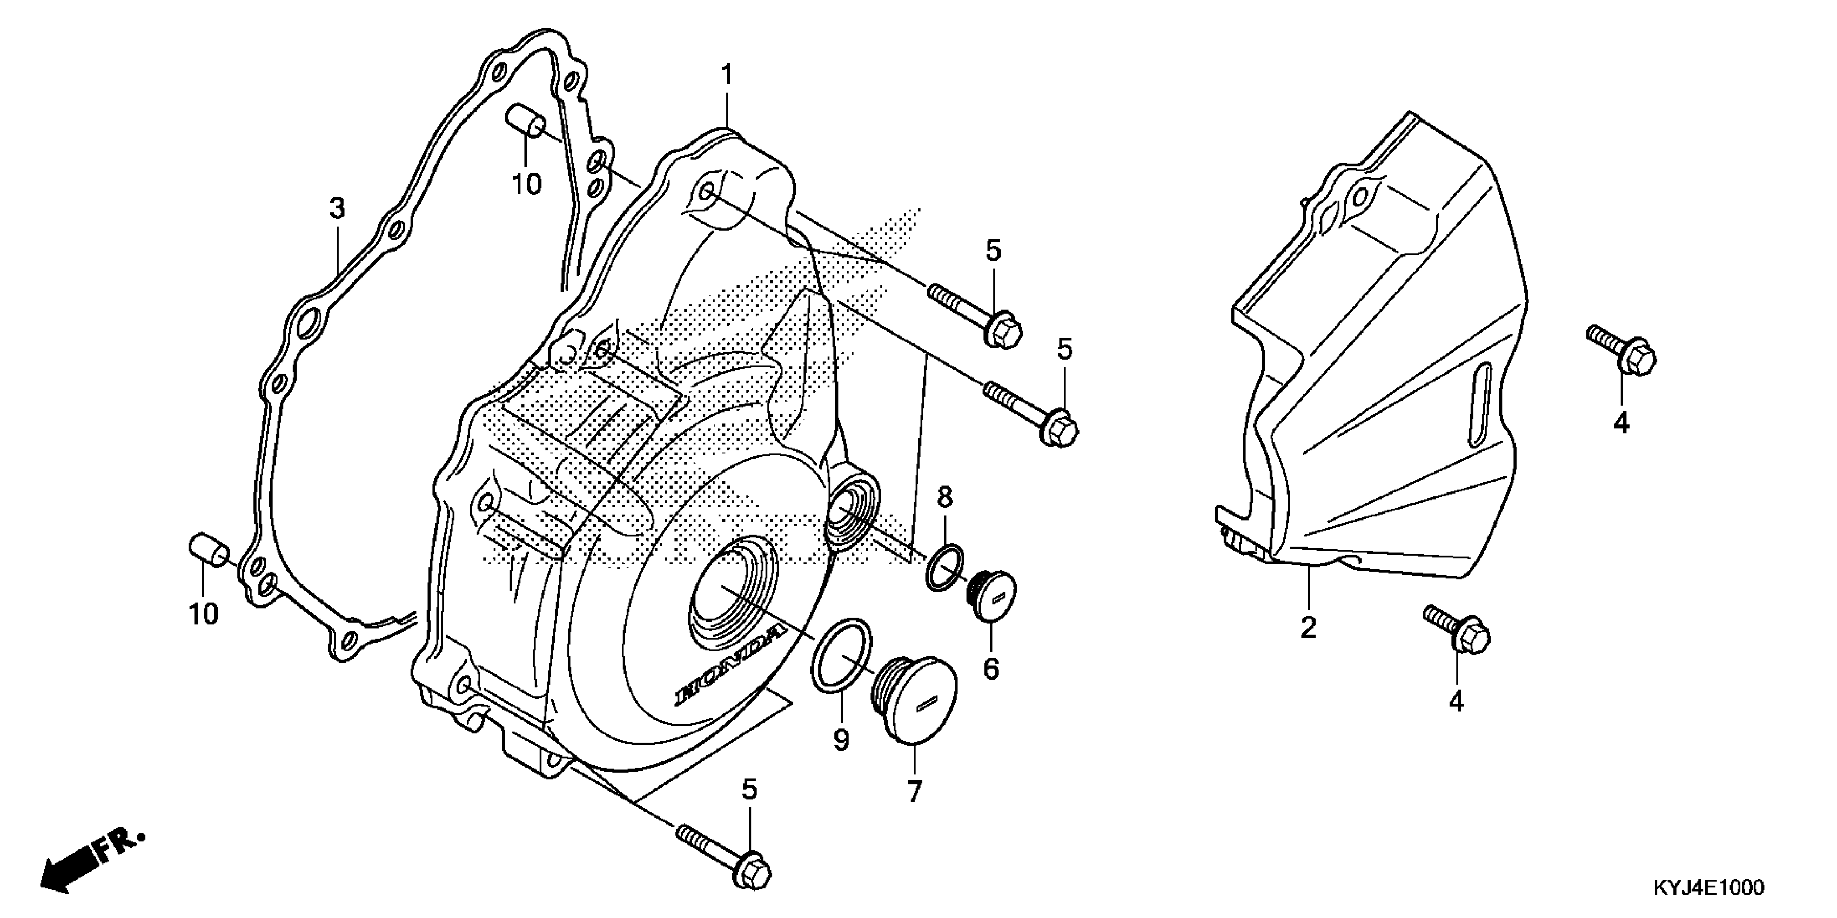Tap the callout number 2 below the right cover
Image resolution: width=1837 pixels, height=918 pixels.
tap(1308, 627)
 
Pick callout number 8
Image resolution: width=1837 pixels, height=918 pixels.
tap(945, 497)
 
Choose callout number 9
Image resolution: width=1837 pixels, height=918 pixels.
tap(841, 740)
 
